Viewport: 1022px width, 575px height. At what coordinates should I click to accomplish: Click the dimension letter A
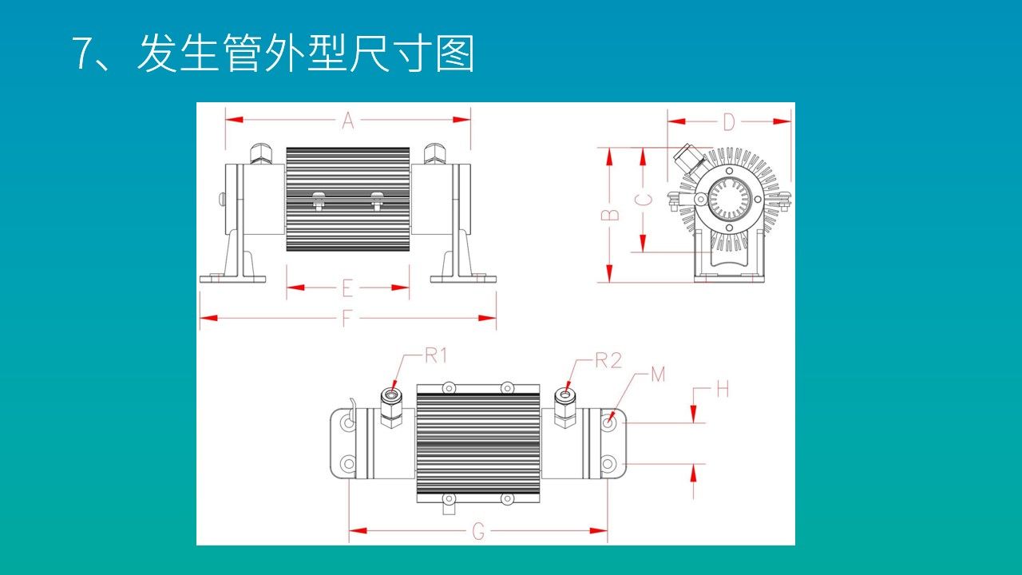point(348,121)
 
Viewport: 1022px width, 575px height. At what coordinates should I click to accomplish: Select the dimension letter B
point(609,214)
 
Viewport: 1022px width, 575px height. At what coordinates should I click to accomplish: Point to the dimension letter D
point(728,122)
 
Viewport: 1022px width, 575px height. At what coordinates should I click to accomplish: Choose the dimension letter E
point(347,287)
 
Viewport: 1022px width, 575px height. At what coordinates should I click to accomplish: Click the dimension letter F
point(347,318)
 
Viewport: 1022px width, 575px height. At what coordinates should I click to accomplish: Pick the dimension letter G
point(478,531)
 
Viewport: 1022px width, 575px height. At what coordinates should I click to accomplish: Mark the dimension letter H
point(723,389)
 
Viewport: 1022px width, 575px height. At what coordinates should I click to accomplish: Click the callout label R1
point(435,356)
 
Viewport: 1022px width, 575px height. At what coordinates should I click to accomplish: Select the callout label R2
point(608,360)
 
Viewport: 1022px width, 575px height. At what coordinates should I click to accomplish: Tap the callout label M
point(658,374)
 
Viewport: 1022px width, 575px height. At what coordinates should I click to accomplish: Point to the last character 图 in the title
point(455,54)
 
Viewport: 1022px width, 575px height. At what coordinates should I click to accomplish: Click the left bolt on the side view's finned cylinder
point(318,200)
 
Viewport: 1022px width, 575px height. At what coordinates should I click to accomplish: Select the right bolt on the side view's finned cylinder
point(377,200)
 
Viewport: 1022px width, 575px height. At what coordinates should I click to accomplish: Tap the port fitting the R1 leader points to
point(390,395)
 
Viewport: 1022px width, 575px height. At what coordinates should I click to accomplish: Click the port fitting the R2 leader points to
point(565,394)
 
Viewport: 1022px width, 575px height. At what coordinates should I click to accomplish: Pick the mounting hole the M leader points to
point(608,422)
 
